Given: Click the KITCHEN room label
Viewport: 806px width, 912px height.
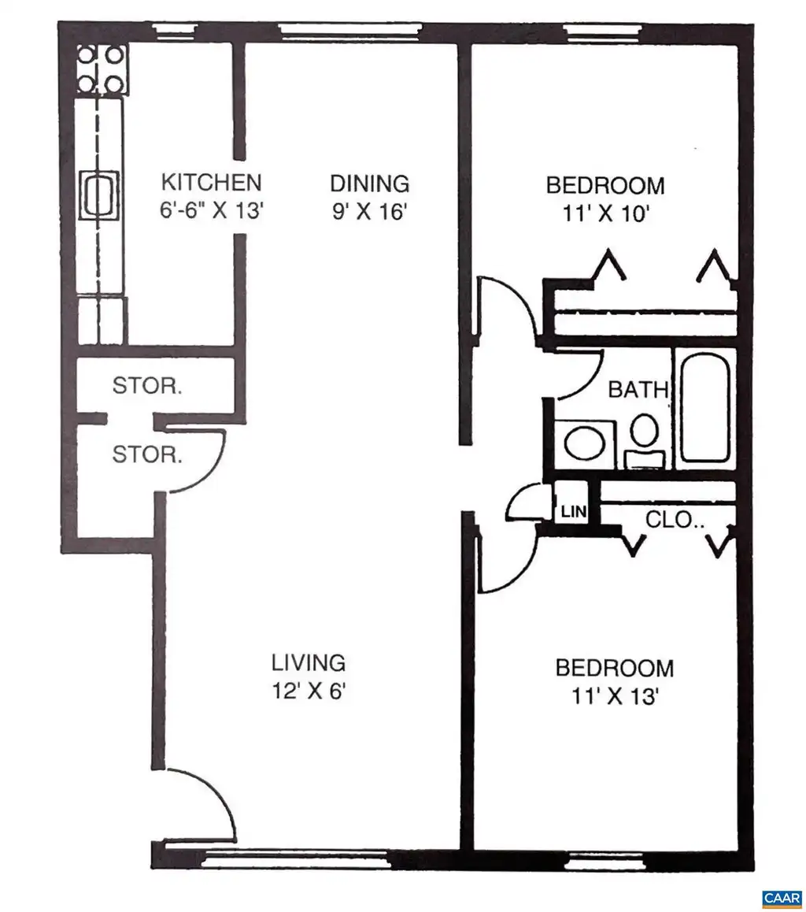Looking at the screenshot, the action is [x=211, y=183].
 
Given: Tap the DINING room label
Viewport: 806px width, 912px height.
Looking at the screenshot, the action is [x=370, y=184].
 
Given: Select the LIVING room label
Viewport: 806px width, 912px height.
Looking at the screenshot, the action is [x=309, y=662].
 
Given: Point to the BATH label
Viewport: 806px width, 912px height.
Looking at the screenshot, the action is [x=638, y=389].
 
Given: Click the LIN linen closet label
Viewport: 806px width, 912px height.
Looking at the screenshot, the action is [x=574, y=512].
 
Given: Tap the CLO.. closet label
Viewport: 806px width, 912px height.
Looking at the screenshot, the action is [x=675, y=519].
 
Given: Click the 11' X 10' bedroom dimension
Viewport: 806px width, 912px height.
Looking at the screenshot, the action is [x=605, y=214].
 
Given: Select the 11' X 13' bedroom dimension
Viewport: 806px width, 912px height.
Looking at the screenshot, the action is [x=614, y=695].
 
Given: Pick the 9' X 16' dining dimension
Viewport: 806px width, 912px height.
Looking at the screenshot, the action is [x=368, y=212].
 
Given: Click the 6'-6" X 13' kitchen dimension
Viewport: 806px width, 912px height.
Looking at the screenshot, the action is [x=212, y=210].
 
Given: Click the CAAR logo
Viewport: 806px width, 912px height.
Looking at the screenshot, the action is [x=782, y=898].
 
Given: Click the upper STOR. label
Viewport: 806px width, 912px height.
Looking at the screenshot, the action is [x=147, y=386].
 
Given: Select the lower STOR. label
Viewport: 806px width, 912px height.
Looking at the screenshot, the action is [x=147, y=454].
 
